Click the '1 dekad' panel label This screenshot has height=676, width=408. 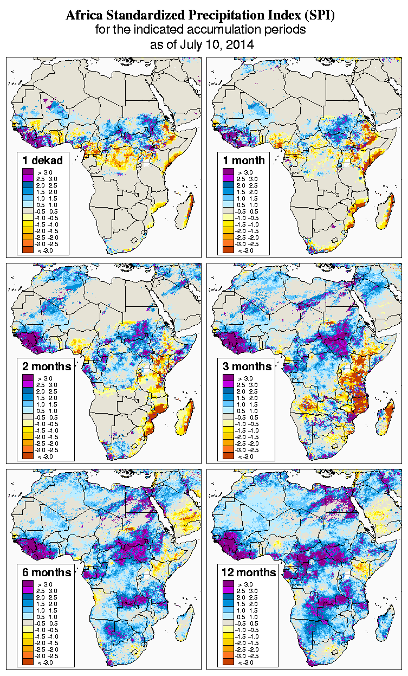click(42, 160)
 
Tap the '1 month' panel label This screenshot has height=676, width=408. click(243, 160)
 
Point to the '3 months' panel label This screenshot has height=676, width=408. click(247, 366)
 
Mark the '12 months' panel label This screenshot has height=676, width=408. click(249, 572)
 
